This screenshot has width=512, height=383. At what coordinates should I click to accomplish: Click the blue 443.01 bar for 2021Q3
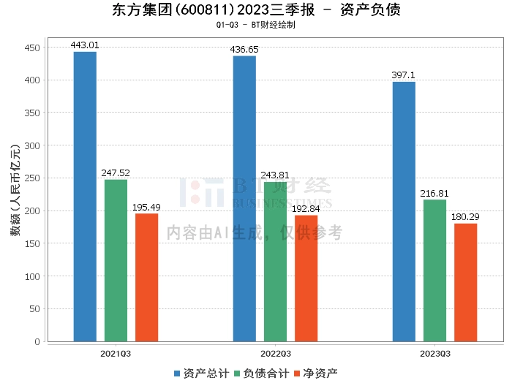pyautogui.click(x=85, y=197)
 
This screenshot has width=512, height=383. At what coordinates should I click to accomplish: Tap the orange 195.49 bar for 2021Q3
pyautogui.click(x=146, y=277)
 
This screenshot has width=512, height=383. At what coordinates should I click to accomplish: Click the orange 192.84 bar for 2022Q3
pyautogui.click(x=306, y=278)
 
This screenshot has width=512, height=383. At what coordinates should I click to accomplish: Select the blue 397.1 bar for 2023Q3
pyautogui.click(x=404, y=211)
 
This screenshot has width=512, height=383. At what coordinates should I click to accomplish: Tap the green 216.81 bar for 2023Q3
pyautogui.click(x=434, y=270)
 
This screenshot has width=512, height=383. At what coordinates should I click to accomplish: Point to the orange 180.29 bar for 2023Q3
pyautogui.click(x=465, y=282)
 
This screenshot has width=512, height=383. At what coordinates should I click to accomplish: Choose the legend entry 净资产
pyautogui.click(x=315, y=373)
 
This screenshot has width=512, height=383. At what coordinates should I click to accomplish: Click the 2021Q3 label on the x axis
pyautogui.click(x=116, y=353)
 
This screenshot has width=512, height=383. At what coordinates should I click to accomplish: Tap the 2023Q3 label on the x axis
pyautogui.click(x=434, y=353)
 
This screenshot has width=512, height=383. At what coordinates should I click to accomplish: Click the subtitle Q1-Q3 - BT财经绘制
pyautogui.click(x=256, y=25)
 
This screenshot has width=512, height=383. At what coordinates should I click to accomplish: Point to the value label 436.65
pyautogui.click(x=244, y=50)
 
